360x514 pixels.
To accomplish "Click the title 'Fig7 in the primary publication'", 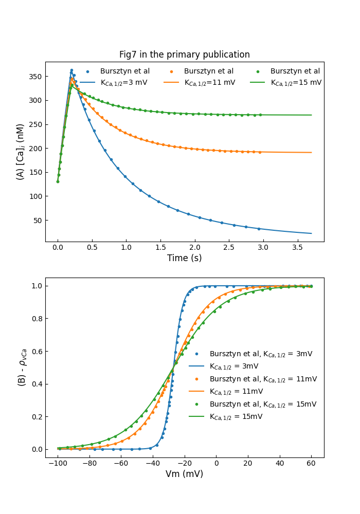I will [x=185, y=54].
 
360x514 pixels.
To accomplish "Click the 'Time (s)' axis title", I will [x=185, y=258].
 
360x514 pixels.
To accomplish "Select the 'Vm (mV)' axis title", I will [x=185, y=474].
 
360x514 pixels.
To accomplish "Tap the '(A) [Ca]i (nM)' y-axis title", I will [x=21, y=152].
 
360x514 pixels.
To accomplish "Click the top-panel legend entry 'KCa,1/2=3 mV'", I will [x=117, y=82].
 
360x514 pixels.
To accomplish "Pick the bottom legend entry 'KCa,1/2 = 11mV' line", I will [x=237, y=392].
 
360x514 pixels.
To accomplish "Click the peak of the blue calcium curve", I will [x=71, y=70].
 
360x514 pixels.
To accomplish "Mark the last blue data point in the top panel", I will [x=259, y=229].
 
